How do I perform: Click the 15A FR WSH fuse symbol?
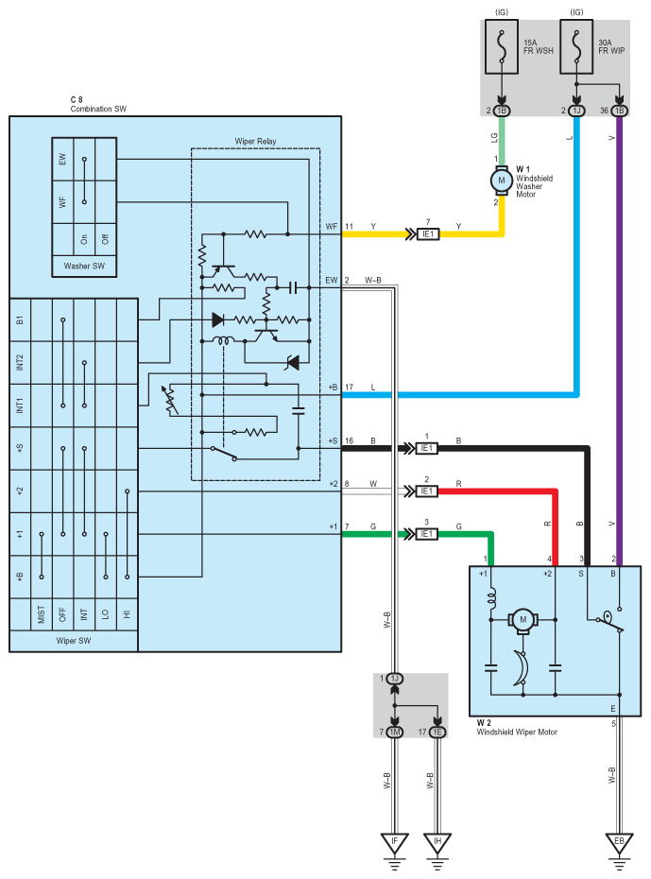click(502, 47)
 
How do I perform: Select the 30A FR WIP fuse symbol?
click(576, 47)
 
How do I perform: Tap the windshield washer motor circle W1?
click(502, 181)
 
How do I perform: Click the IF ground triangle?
click(394, 843)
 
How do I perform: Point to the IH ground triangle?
click(437, 843)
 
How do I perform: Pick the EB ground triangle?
click(619, 843)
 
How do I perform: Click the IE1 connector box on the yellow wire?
click(428, 234)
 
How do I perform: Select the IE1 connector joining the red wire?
click(427, 491)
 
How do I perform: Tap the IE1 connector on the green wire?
click(427, 534)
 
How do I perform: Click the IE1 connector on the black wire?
click(427, 448)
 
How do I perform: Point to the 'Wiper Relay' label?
click(255, 141)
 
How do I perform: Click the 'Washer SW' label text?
click(84, 266)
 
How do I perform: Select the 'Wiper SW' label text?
click(74, 640)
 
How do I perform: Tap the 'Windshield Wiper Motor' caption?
click(517, 732)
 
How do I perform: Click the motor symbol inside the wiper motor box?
click(523, 620)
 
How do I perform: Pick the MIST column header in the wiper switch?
click(41, 613)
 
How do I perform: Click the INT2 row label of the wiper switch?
click(20, 362)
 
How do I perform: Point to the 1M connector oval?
click(394, 732)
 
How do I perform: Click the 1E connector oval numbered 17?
click(437, 732)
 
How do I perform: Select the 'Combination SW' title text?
click(98, 109)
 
